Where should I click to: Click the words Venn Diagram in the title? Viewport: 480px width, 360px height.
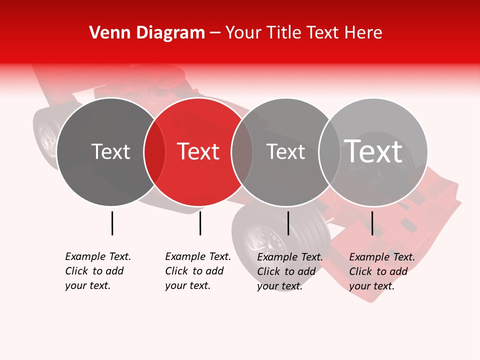[x=147, y=32]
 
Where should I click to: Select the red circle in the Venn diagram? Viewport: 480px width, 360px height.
[x=198, y=175]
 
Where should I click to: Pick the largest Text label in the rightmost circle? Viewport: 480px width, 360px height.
[x=373, y=151]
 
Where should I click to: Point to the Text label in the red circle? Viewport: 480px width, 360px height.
[x=198, y=151]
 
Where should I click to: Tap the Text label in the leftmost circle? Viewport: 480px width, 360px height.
[x=110, y=151]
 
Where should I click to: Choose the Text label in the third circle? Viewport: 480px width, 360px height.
[x=285, y=151]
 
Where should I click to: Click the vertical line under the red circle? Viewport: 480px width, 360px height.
[x=200, y=223]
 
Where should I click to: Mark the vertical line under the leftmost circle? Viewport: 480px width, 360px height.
[x=112, y=223]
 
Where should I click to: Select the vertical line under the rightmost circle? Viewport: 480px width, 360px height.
[x=372, y=223]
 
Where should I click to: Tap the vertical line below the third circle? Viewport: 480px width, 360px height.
[x=288, y=223]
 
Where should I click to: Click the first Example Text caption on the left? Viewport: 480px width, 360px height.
[x=97, y=271]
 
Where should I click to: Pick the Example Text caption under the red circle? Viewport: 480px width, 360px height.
[x=197, y=271]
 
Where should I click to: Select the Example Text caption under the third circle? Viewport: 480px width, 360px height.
[x=289, y=271]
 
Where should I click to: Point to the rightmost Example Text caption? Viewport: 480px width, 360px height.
[x=381, y=271]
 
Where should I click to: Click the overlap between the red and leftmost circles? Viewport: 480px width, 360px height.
[x=154, y=152]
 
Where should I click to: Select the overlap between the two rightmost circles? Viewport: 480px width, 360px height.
[x=329, y=152]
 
